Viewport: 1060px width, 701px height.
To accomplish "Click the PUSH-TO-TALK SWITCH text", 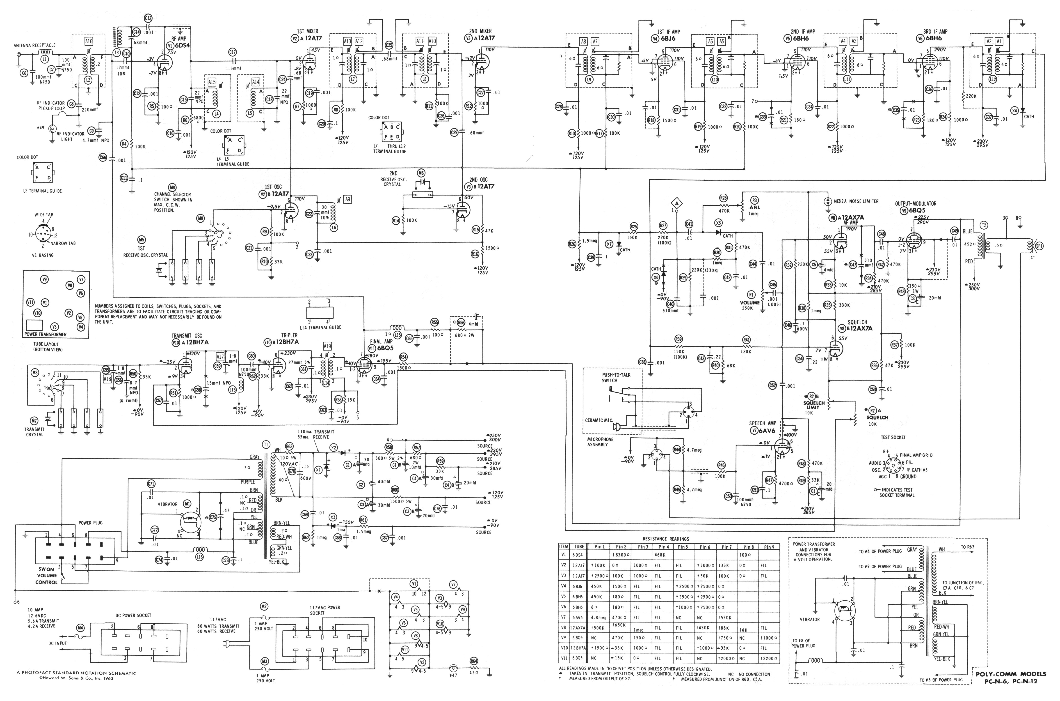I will (616, 377).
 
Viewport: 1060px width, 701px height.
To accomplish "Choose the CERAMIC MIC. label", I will (599, 420).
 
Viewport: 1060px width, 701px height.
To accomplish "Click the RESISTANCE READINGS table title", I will (666, 539).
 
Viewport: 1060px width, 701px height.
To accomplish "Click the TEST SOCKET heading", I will (893, 437).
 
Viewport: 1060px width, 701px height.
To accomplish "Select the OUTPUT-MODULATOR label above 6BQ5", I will (915, 203).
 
